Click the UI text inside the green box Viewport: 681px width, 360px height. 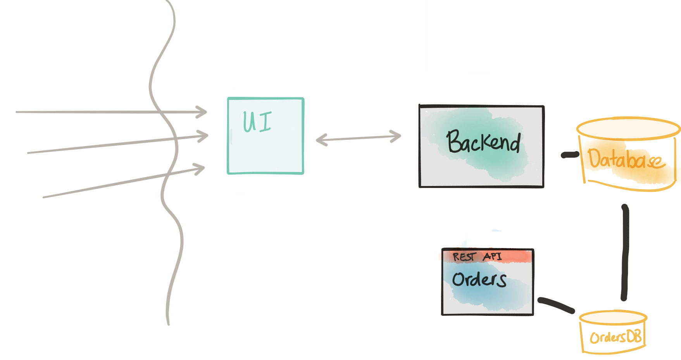click(257, 121)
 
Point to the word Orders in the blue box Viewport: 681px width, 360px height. click(479, 279)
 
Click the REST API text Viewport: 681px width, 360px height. click(477, 257)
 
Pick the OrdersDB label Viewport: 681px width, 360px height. click(616, 337)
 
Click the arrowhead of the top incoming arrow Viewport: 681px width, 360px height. click(202, 112)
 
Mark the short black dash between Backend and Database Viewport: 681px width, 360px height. click(570, 155)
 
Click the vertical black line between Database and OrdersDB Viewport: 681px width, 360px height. click(625, 252)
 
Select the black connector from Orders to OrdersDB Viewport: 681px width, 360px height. click(556, 305)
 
